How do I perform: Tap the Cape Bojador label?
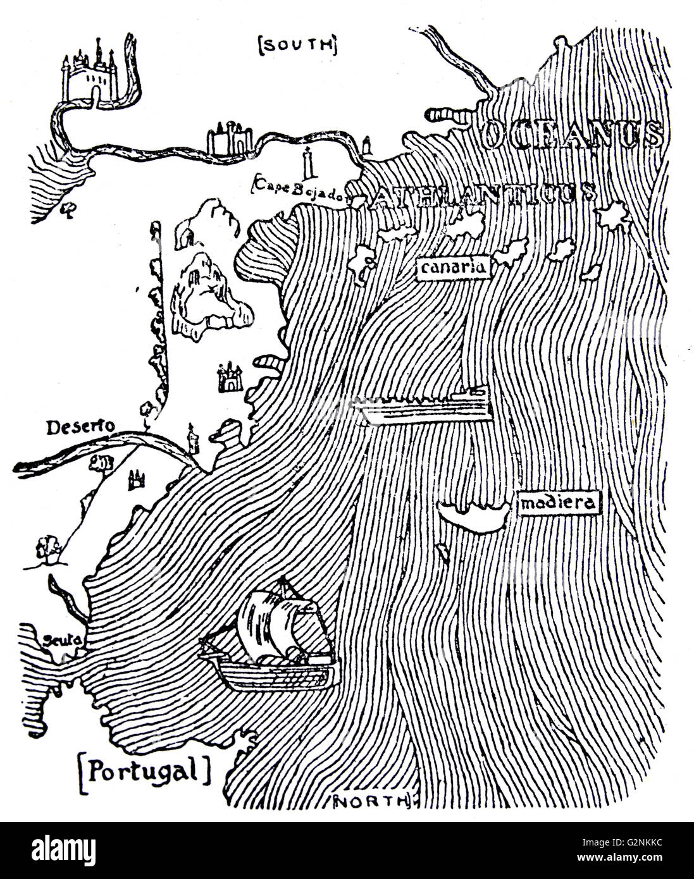click(301, 194)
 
